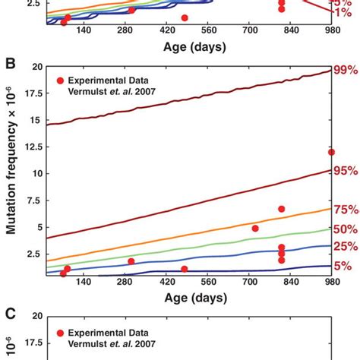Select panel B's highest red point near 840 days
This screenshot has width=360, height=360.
tap(282, 209)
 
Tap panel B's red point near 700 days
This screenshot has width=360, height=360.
tap(255, 228)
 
